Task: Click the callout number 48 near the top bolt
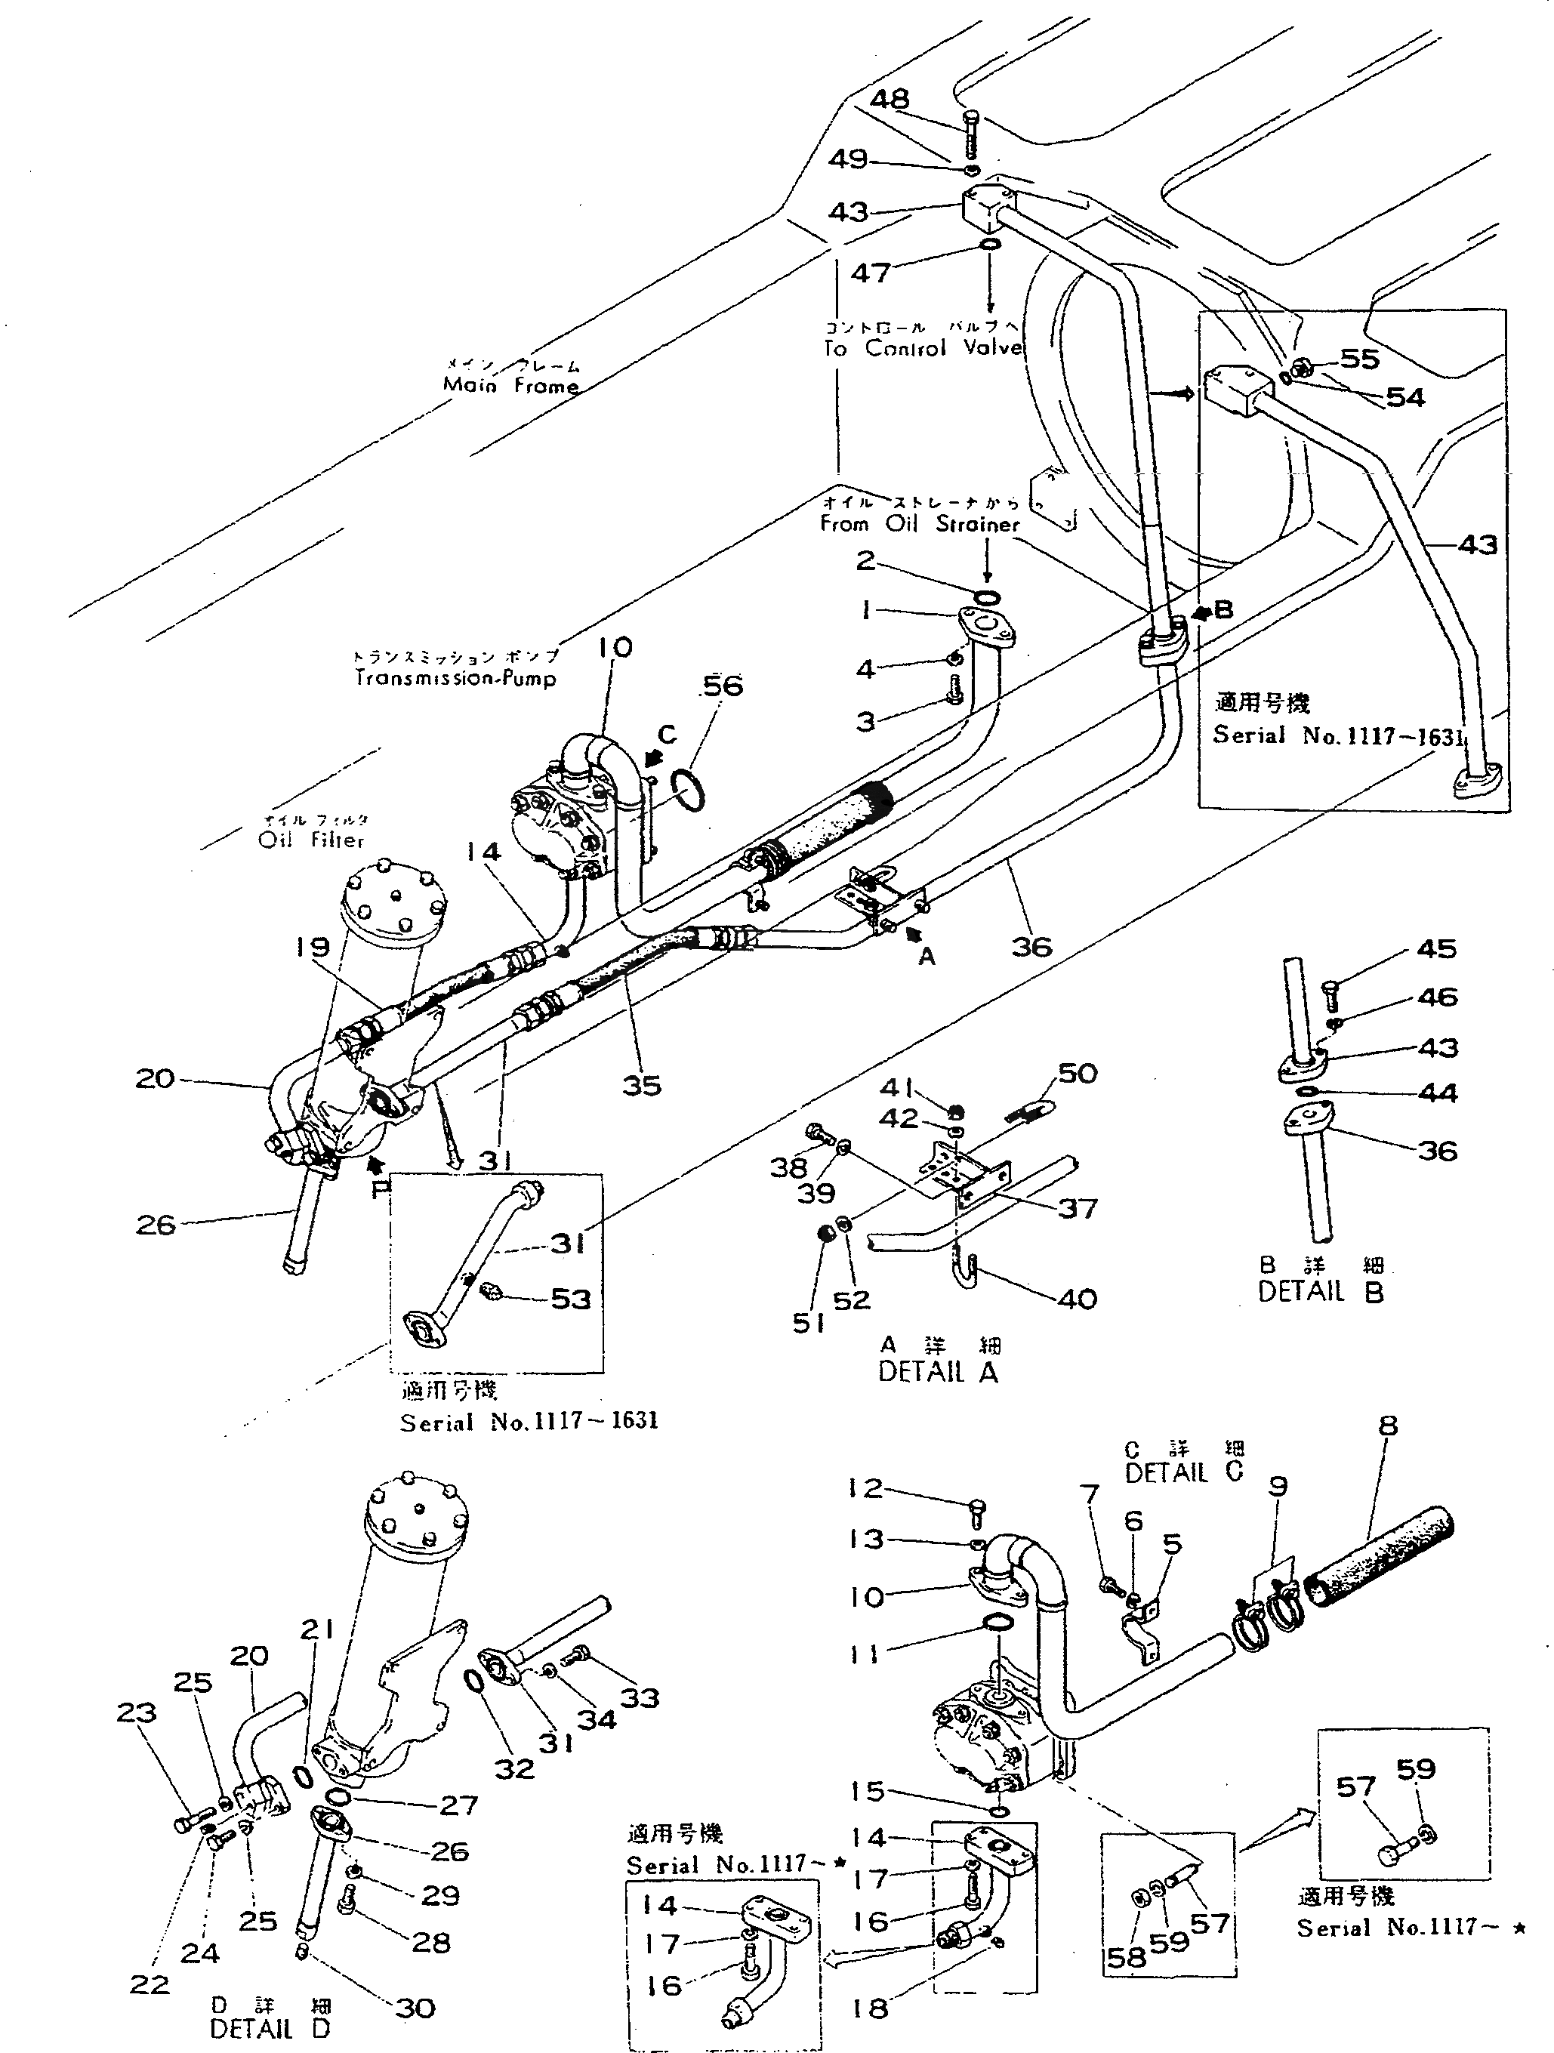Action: pos(890,100)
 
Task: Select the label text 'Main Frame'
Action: pos(510,385)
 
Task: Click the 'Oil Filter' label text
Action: pos(311,840)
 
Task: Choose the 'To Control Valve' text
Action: pos(923,348)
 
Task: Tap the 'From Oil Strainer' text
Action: pos(919,525)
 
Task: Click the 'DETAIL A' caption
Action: pos(938,1372)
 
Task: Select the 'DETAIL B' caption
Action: pos(1320,1291)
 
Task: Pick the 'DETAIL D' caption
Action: pos(270,2029)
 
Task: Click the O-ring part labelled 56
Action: pos(689,789)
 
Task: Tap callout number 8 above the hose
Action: pos(1387,1426)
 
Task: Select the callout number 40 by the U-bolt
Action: pos(1077,1299)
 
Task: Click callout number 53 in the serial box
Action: pos(570,1299)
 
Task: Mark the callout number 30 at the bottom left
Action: pos(415,2008)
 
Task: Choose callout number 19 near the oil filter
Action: pos(312,947)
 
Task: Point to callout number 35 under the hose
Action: pos(640,1085)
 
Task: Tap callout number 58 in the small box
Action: pos(1126,1957)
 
